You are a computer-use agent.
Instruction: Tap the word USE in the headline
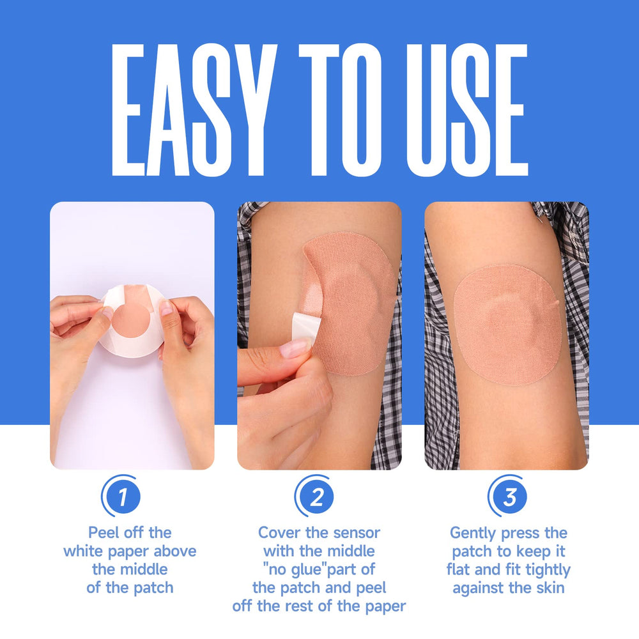[x=467, y=110]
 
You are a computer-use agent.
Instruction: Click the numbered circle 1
[x=121, y=496]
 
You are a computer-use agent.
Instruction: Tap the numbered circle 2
[x=314, y=496]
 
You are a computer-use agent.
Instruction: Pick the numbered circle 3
[x=508, y=496]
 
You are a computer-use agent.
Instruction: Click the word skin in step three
[x=551, y=588]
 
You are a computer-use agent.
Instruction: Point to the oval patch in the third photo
[x=507, y=325]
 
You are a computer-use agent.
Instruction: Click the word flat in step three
[x=458, y=569]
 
